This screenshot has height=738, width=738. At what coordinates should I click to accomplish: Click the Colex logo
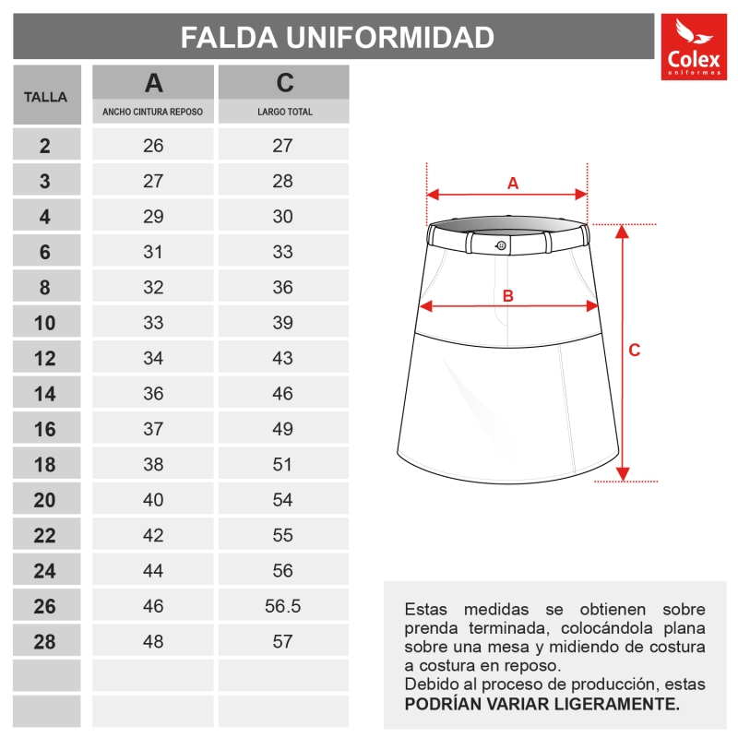pyautogui.click(x=694, y=47)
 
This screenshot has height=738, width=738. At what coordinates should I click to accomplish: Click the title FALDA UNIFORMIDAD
pyautogui.click(x=338, y=38)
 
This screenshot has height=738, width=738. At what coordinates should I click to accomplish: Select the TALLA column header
pyautogui.click(x=46, y=95)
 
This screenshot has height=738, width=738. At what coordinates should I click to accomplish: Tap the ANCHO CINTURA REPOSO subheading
pyautogui.click(x=153, y=112)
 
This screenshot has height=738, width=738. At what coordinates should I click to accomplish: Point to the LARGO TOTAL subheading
pyautogui.click(x=284, y=112)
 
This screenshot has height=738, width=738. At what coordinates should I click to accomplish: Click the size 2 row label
pyautogui.click(x=45, y=145)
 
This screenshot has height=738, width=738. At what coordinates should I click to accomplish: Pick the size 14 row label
pyautogui.click(x=45, y=394)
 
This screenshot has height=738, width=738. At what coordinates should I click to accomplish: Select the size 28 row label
pyautogui.click(x=45, y=642)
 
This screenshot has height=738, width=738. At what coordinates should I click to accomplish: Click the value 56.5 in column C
pyautogui.click(x=283, y=606)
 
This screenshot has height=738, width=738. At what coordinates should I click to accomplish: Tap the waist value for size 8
pyautogui.click(x=153, y=287)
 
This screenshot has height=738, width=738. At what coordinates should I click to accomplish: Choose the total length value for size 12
pyautogui.click(x=283, y=358)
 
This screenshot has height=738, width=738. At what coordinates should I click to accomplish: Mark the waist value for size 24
pyautogui.click(x=153, y=571)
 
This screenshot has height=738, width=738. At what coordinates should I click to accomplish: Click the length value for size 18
pyautogui.click(x=283, y=464)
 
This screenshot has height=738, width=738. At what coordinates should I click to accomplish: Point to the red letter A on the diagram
pyautogui.click(x=513, y=183)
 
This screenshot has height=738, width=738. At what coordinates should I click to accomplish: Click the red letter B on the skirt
pyautogui.click(x=507, y=296)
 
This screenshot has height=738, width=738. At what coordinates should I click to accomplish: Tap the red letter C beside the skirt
pyautogui.click(x=635, y=351)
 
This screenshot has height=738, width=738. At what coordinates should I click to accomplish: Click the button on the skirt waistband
pyautogui.click(x=501, y=245)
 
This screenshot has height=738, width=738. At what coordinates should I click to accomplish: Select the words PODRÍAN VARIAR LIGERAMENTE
pyautogui.click(x=542, y=704)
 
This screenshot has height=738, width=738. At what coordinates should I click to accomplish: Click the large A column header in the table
pyautogui.click(x=154, y=83)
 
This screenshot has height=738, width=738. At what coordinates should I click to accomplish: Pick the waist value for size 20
pyautogui.click(x=153, y=500)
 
